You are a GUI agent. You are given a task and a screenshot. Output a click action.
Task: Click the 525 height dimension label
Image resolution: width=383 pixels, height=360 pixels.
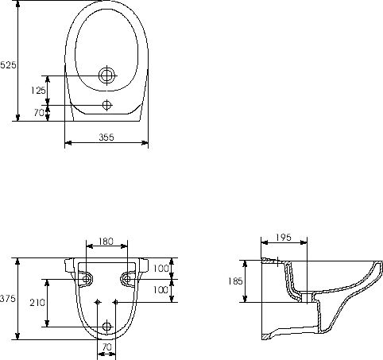tap(8, 64)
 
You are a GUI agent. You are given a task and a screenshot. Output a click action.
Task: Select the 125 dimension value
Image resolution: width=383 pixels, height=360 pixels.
tap(38, 91)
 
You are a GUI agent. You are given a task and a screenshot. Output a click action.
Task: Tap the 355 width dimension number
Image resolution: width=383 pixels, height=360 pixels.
tap(106, 137)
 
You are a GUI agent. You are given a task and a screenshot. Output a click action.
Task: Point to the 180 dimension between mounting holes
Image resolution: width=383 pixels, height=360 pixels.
tap(106, 242)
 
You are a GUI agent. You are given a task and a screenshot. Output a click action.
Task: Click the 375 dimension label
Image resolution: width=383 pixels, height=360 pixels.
tap(8, 299)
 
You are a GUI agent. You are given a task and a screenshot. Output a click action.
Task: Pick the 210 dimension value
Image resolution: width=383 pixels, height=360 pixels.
tap(37, 303)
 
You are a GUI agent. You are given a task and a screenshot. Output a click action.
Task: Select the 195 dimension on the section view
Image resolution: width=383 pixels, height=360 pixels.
tap(284, 238)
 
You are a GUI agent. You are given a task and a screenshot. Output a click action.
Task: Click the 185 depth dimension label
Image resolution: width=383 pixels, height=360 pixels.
tap(235, 281)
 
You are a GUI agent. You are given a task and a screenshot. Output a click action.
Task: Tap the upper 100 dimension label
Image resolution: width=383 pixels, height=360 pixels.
tap(161, 269)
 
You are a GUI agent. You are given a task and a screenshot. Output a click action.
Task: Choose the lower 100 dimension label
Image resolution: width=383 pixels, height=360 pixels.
tap(161, 290)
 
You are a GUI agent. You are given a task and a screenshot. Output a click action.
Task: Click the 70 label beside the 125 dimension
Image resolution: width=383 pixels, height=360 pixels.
tap(39, 113)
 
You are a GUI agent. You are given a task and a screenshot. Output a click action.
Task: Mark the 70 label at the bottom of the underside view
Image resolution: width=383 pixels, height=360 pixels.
tap(106, 346)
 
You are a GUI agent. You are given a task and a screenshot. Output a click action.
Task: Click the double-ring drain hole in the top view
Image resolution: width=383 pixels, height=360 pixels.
tap(107, 75)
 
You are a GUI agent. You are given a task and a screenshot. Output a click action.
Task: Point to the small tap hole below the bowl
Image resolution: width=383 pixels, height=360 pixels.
tap(106, 105)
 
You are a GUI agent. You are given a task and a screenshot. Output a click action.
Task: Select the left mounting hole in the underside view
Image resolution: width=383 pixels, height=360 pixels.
tap(86, 279)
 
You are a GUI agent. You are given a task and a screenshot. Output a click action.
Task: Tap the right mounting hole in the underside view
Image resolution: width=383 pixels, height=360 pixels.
tap(127, 279)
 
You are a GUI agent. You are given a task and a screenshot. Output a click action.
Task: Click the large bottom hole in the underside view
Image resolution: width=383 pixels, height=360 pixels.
tap(107, 327)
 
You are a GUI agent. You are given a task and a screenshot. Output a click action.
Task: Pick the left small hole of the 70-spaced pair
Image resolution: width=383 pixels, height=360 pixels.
tap(98, 302)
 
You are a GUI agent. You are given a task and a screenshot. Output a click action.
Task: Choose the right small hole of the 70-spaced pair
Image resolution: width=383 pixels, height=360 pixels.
tap(115, 302)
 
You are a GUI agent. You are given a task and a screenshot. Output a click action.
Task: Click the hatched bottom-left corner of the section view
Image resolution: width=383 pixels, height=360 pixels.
tap(265, 337)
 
